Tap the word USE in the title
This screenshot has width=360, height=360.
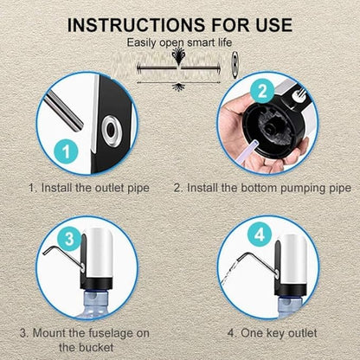pyautogui.click(x=274, y=25)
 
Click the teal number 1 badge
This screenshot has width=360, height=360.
pyautogui.click(x=66, y=151)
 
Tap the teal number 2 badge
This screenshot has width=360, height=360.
pyautogui.click(x=262, y=91)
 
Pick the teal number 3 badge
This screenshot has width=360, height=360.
pyautogui.click(x=69, y=239)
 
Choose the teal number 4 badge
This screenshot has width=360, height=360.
pyautogui.click(x=260, y=235)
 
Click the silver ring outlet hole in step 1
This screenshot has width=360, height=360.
pyautogui.click(x=111, y=131)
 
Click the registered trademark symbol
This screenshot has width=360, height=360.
pyautogui.click(x=235, y=65)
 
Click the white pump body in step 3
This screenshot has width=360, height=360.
pyautogui.click(x=100, y=253)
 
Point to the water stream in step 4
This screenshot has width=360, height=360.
pyautogui.click(x=228, y=273)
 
